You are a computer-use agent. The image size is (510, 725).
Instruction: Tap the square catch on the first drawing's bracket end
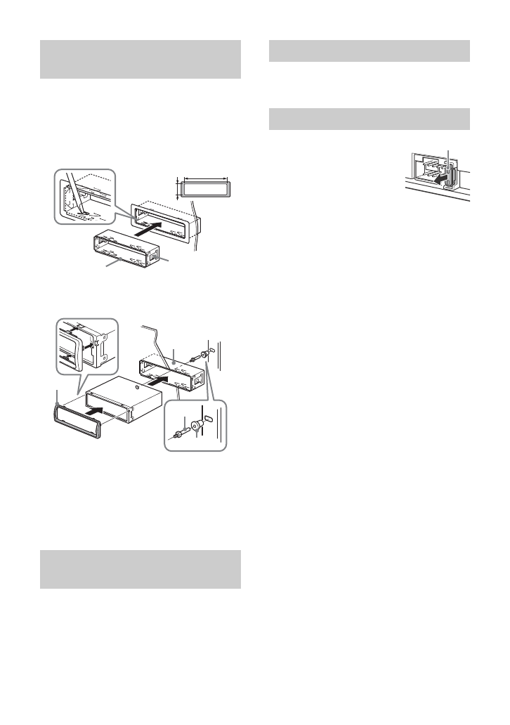(x=154, y=258)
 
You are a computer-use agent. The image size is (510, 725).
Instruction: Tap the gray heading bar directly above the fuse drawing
(x=370, y=119)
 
